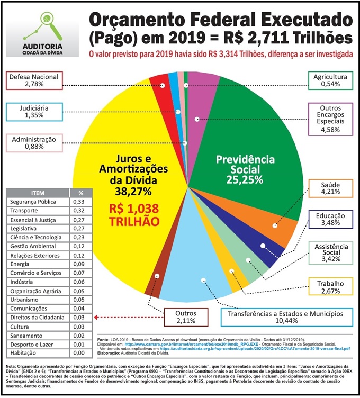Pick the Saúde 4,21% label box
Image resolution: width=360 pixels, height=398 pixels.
(331, 188)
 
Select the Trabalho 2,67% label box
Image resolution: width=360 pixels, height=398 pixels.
(331, 286)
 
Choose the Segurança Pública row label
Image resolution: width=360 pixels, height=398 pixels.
(38, 202)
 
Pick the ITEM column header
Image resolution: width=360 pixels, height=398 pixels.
(38, 193)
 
